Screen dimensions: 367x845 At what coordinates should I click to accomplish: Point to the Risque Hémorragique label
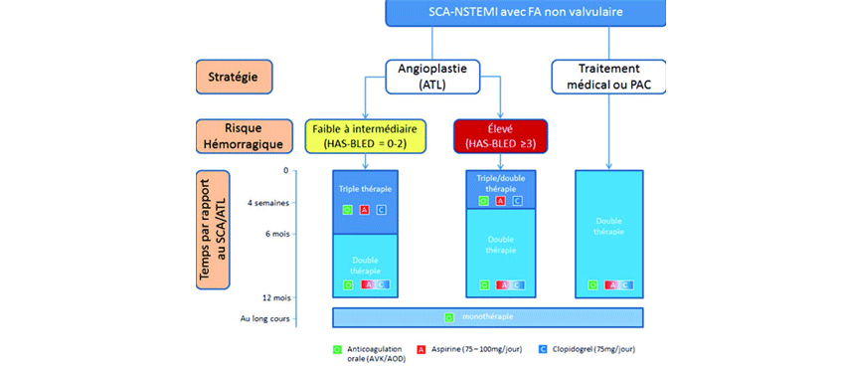(x=231, y=137)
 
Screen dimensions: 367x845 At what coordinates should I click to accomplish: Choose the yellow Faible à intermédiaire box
(x=366, y=137)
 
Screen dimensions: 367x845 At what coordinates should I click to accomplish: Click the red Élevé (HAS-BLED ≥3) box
(x=501, y=137)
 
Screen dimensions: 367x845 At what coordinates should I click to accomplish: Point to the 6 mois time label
(x=273, y=235)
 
